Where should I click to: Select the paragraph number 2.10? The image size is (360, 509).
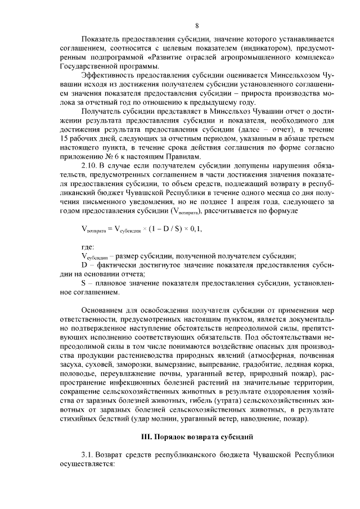pos(90,167)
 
